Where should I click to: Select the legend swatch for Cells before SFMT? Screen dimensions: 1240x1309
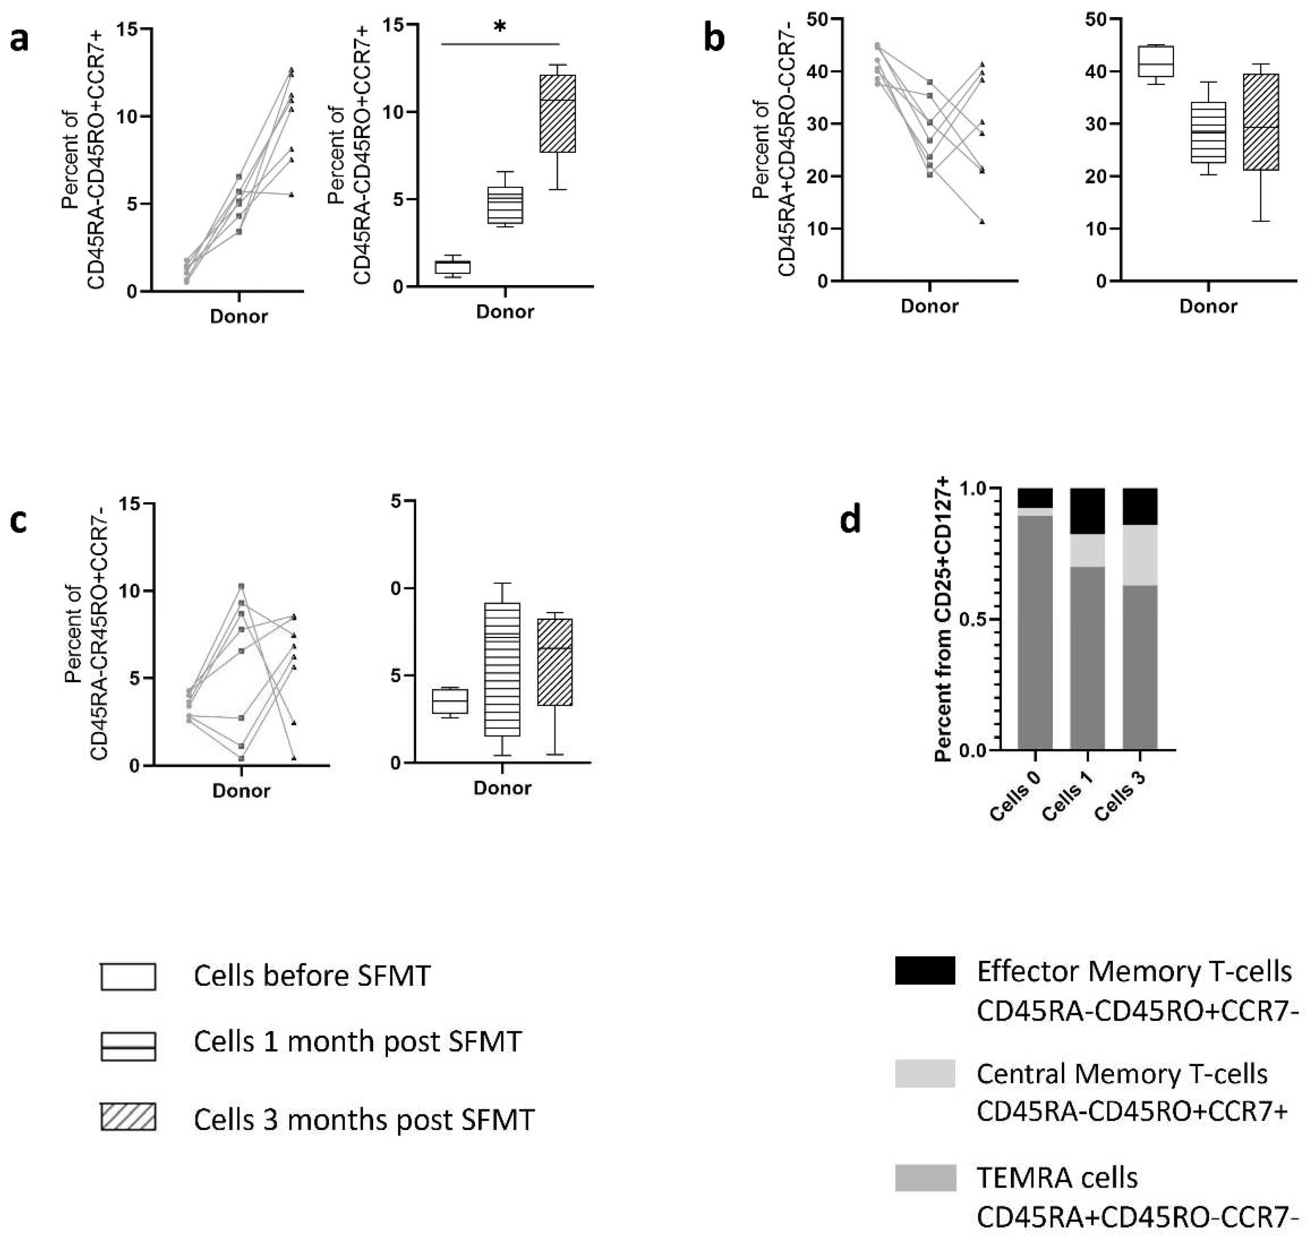[x=128, y=976]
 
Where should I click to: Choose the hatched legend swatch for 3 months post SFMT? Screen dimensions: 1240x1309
[x=128, y=1117]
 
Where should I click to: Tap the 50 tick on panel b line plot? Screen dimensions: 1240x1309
[x=819, y=19]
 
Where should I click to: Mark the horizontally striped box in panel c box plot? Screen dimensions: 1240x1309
[x=502, y=669]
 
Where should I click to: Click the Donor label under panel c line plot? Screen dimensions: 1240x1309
[x=241, y=791]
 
